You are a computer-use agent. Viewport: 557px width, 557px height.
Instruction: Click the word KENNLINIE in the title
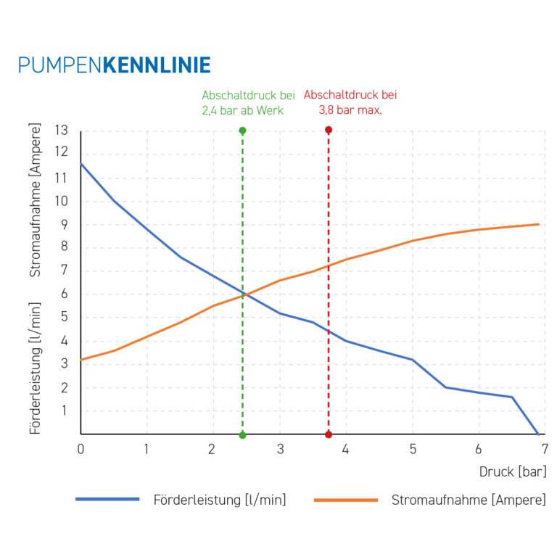click(157, 65)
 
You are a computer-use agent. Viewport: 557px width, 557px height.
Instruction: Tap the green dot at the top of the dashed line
click(242, 131)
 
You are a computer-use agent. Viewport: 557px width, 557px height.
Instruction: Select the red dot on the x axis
click(329, 434)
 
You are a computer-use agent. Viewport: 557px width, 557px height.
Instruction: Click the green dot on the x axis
click(242, 434)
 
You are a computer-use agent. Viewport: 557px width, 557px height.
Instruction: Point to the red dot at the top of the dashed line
click(329, 131)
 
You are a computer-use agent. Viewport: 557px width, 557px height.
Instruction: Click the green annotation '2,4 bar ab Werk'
click(242, 111)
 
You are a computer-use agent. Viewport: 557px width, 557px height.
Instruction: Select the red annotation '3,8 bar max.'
click(350, 111)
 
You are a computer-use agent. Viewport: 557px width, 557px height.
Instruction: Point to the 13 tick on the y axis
click(61, 131)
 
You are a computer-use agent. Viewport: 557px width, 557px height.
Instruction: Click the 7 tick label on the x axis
click(544, 449)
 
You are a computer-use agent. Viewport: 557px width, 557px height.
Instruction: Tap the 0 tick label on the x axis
click(81, 449)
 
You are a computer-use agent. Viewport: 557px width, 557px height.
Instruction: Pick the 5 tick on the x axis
click(413, 449)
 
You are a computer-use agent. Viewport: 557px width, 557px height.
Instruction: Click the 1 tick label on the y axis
click(64, 410)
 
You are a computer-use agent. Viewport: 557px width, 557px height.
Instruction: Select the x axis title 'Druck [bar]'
click(513, 471)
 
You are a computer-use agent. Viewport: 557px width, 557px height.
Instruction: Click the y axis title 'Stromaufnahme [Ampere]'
click(36, 200)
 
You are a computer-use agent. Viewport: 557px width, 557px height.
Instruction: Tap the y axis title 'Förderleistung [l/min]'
click(36, 368)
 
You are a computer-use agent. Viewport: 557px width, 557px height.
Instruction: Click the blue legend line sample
click(107, 499)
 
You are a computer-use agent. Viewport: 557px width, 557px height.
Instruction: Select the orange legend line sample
click(346, 499)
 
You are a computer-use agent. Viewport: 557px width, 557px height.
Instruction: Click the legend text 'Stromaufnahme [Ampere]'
click(469, 500)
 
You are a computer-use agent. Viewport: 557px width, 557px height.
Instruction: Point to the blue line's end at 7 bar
click(537, 434)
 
